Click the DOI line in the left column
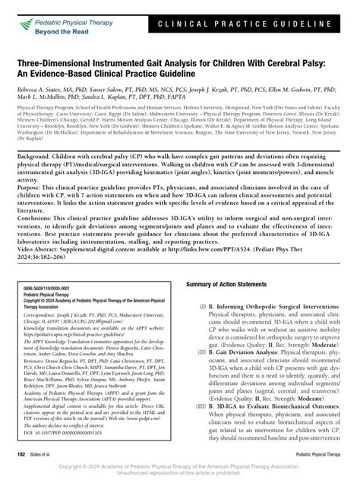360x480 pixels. [49, 438]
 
